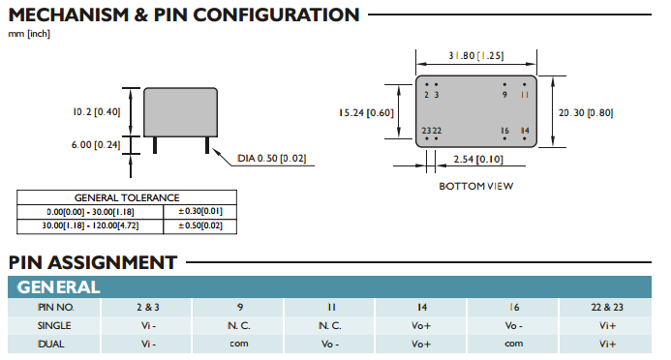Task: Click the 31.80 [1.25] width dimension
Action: [x=475, y=55]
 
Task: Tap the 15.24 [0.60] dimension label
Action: [x=366, y=113]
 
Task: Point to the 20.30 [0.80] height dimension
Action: [x=586, y=113]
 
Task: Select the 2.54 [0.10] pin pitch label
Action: [x=478, y=160]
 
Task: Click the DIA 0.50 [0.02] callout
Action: [x=272, y=159]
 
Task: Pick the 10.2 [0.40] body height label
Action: [x=96, y=112]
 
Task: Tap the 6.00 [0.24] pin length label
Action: [x=96, y=145]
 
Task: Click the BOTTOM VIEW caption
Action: [x=475, y=187]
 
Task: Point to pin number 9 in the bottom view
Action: [x=505, y=95]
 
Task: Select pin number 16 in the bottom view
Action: [x=505, y=131]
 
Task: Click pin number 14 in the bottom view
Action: [x=525, y=131]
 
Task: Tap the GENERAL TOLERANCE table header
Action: [x=127, y=198]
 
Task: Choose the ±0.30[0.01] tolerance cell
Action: [x=200, y=211]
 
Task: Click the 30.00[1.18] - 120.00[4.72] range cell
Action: [x=90, y=225]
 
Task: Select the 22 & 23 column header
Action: [x=607, y=308]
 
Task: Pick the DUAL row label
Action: [x=51, y=345]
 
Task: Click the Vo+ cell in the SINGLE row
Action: [x=421, y=326]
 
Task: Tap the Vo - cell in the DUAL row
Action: [x=330, y=345]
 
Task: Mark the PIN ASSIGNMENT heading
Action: [x=92, y=262]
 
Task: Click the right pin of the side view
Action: [x=207, y=145]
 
